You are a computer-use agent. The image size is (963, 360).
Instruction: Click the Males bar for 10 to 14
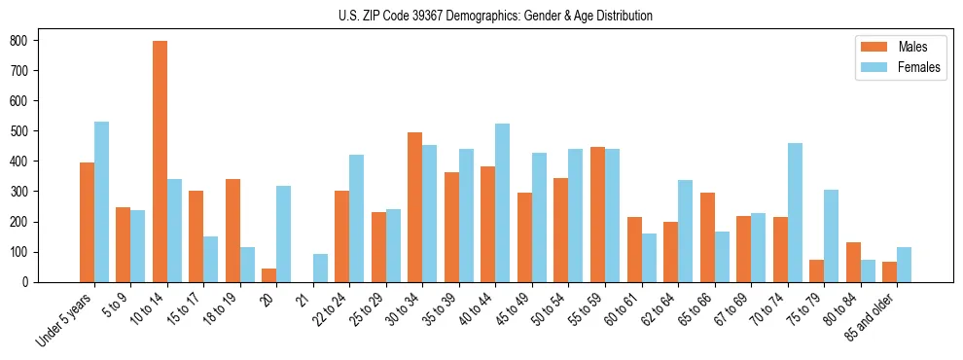coord(160,162)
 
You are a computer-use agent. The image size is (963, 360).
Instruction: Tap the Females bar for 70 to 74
coord(795,212)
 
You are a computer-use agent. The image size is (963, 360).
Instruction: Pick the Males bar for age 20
coord(269,275)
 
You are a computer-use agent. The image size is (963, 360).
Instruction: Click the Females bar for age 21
coord(320,268)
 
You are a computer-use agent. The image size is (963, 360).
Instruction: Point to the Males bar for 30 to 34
coord(415,207)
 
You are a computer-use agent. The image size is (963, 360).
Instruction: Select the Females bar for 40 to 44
coord(503,202)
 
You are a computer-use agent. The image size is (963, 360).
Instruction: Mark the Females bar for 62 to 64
coord(685,231)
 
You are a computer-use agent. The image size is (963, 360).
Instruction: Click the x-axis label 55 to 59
coord(582,309)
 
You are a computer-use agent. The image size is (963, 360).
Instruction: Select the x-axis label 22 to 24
coord(326,309)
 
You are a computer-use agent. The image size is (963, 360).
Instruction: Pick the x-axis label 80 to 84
coord(837,309)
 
